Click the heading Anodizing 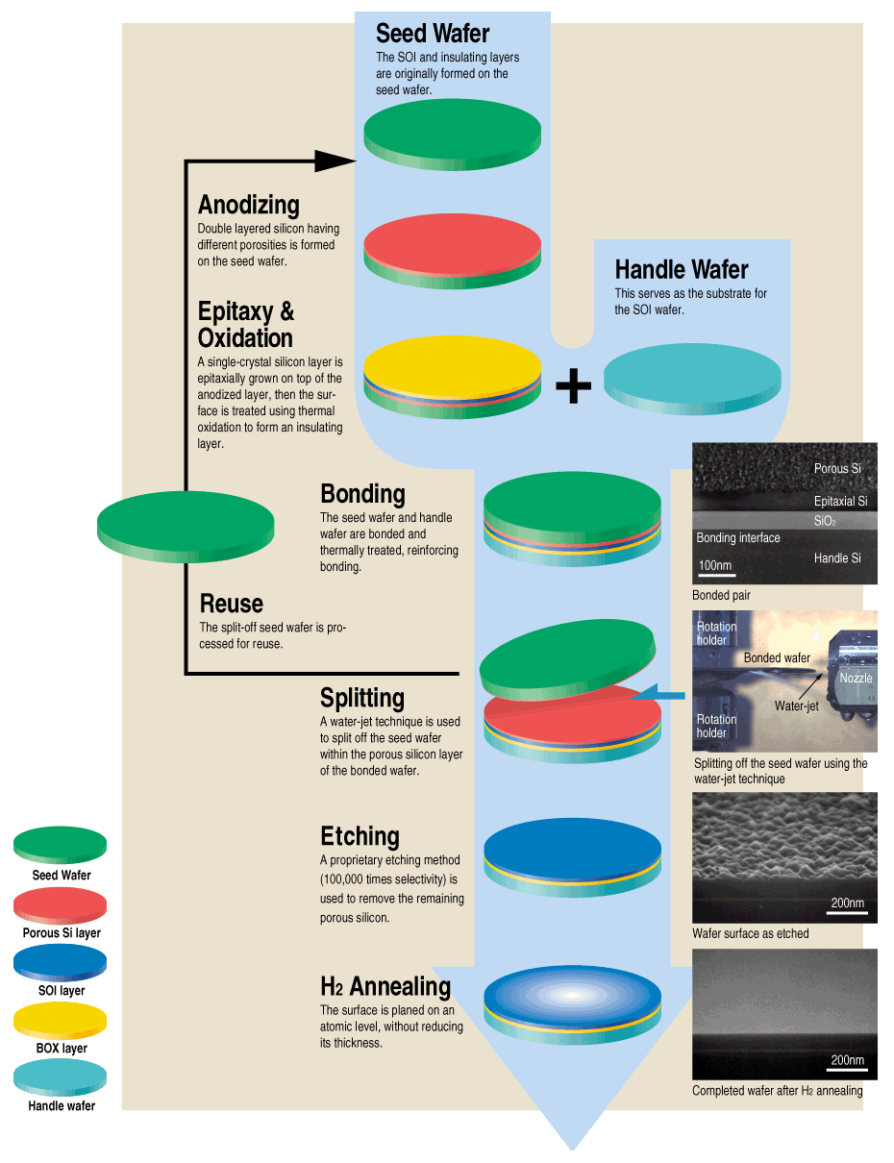pyautogui.click(x=248, y=205)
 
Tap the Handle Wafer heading pyautogui.click(x=682, y=270)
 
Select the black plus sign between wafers pyautogui.click(x=573, y=385)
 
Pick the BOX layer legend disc pyautogui.click(x=60, y=1021)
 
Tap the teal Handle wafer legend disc pyautogui.click(x=60, y=1078)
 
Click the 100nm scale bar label pyautogui.click(x=715, y=565)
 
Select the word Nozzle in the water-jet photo pyautogui.click(x=856, y=678)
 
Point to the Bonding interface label pyautogui.click(x=738, y=538)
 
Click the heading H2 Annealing pyautogui.click(x=385, y=987)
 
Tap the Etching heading pyautogui.click(x=360, y=836)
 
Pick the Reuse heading pyautogui.click(x=231, y=604)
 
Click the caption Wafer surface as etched pyautogui.click(x=750, y=933)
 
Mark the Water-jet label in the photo pyautogui.click(x=796, y=706)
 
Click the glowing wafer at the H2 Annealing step pyautogui.click(x=572, y=996)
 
